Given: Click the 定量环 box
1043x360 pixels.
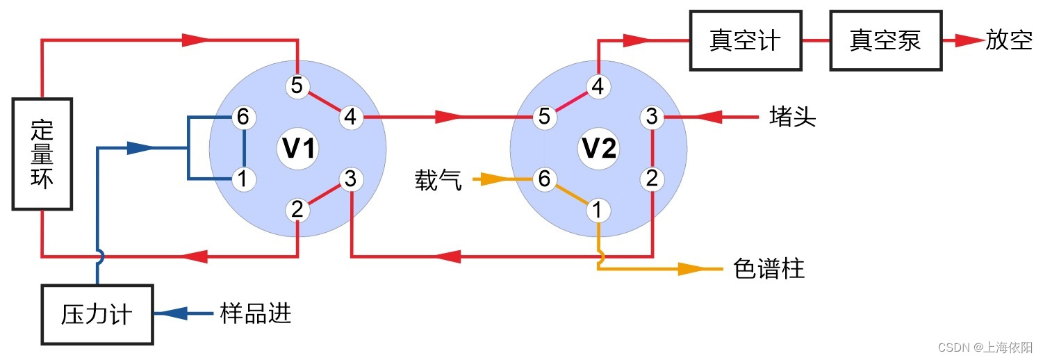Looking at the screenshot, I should pyautogui.click(x=42, y=153).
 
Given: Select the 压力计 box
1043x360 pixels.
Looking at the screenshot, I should pyautogui.click(x=97, y=315).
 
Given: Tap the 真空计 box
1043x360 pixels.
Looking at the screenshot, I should pyautogui.click(x=745, y=41).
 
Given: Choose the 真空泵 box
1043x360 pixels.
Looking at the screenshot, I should pyautogui.click(x=886, y=41).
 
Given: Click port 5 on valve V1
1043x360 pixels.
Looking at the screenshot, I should pyautogui.click(x=297, y=86).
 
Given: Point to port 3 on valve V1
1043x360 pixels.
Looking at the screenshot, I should pyautogui.click(x=350, y=180).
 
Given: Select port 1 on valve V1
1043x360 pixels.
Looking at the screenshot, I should pyautogui.click(x=243, y=179).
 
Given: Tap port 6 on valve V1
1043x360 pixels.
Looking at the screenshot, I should pyautogui.click(x=243, y=117).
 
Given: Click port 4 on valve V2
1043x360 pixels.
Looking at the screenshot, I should pyautogui.click(x=598, y=86).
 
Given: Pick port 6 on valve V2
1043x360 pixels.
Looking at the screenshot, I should pyautogui.click(x=544, y=179).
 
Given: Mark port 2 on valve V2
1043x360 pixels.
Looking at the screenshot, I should pyautogui.click(x=651, y=179).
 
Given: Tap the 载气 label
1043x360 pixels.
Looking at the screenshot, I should pyautogui.click(x=438, y=180).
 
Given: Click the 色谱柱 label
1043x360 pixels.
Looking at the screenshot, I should pyautogui.click(x=769, y=269).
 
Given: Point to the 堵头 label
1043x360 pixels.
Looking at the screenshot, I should pyautogui.click(x=792, y=117).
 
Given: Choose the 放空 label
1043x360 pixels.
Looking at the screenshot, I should pyautogui.click(x=1008, y=41).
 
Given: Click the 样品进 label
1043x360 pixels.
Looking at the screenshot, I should pyautogui.click(x=255, y=314).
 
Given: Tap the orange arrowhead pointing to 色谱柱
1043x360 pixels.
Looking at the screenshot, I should pyautogui.click(x=691, y=269).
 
